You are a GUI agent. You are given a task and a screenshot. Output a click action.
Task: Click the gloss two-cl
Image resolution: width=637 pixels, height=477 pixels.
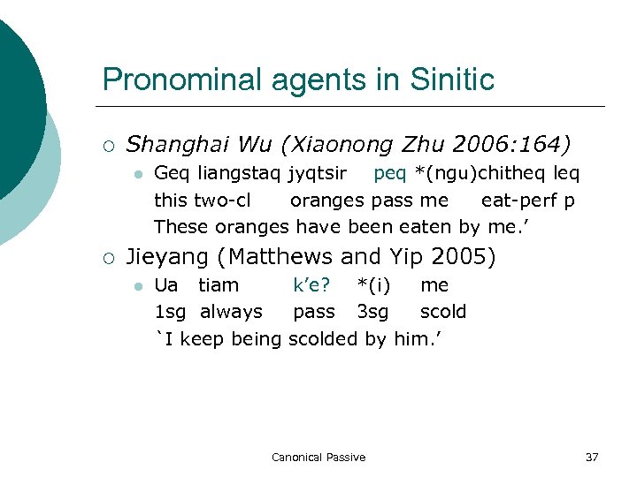coord(222,200)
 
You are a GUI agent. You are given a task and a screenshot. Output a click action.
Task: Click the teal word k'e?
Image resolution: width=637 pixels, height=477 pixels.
coord(311,285)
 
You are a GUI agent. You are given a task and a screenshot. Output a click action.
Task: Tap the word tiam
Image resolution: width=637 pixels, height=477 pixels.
coord(219,285)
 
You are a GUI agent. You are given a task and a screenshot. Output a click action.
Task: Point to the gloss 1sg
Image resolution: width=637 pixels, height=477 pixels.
coord(170,312)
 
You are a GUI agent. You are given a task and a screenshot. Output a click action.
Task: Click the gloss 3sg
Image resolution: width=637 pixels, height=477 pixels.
coord(373,312)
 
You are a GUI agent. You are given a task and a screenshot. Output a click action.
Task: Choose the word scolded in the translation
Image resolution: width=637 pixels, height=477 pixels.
coord(323,338)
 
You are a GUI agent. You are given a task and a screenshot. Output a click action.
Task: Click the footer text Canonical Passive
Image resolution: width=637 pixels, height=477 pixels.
coord(318,457)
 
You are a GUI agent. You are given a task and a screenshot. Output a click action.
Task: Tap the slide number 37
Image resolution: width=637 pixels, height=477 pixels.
coord(592,457)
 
